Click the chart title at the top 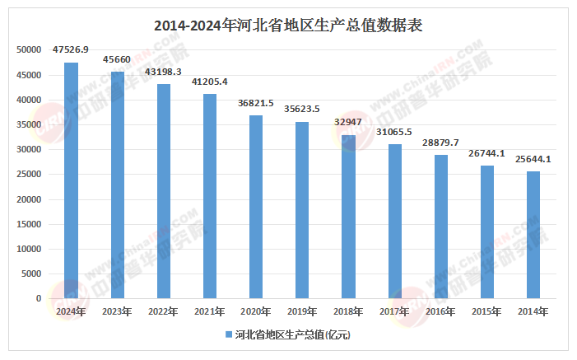288,26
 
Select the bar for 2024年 72,180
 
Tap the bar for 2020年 256,207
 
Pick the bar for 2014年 533,235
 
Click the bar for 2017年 395,221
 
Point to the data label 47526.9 71,50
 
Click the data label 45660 118,60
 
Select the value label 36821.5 256,104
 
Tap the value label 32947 349,123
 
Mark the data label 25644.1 533,159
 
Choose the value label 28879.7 441,143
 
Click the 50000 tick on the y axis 30,50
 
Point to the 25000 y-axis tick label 30,175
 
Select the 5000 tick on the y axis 32,274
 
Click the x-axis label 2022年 164,311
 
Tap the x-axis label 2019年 302,311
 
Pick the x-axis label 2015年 487,311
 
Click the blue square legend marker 228,334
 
